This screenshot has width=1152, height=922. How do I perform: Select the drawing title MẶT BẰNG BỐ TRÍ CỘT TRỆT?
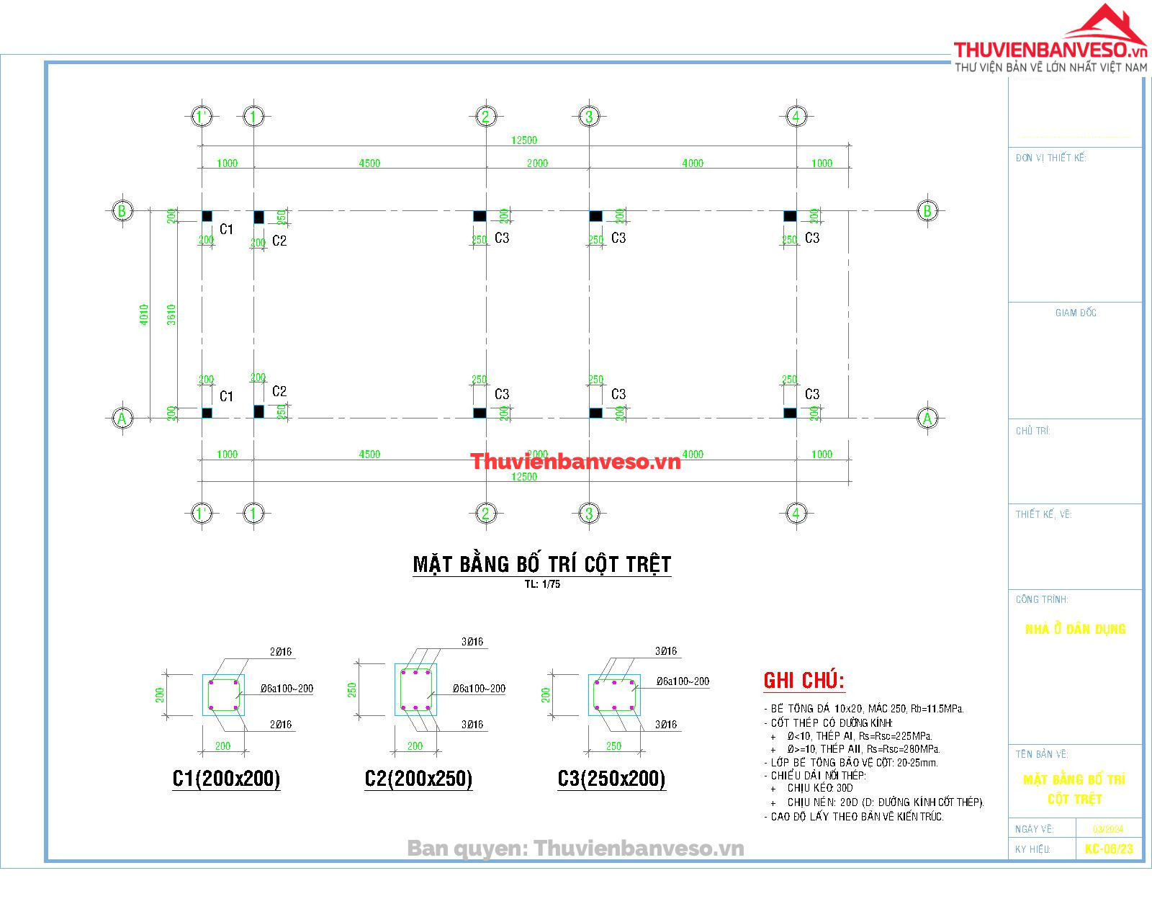click(541, 564)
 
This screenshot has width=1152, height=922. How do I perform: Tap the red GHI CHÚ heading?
click(804, 680)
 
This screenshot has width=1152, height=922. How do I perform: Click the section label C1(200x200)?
click(226, 779)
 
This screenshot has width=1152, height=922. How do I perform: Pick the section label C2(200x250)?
click(418, 779)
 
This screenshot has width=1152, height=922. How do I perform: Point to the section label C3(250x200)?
click(611, 779)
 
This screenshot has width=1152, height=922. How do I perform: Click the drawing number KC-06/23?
click(1108, 849)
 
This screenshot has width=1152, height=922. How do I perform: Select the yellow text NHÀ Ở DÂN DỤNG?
click(1074, 629)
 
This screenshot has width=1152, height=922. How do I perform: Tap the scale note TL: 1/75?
click(541, 584)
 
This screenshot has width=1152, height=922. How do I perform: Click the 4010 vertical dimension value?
click(144, 315)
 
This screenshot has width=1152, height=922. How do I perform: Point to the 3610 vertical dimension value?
click(171, 315)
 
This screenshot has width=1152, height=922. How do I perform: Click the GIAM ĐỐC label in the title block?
click(1076, 313)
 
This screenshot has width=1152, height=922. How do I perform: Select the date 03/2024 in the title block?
click(1107, 829)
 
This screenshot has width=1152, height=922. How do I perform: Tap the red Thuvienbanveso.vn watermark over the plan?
click(575, 462)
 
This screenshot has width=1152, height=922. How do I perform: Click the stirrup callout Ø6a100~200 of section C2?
click(479, 689)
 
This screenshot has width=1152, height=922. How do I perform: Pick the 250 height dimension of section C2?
click(353, 690)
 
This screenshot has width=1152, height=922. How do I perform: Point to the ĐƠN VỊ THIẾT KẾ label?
click(1050, 158)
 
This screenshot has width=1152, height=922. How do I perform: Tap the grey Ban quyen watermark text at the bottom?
click(575, 849)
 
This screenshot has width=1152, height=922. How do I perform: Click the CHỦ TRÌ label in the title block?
click(1032, 431)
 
